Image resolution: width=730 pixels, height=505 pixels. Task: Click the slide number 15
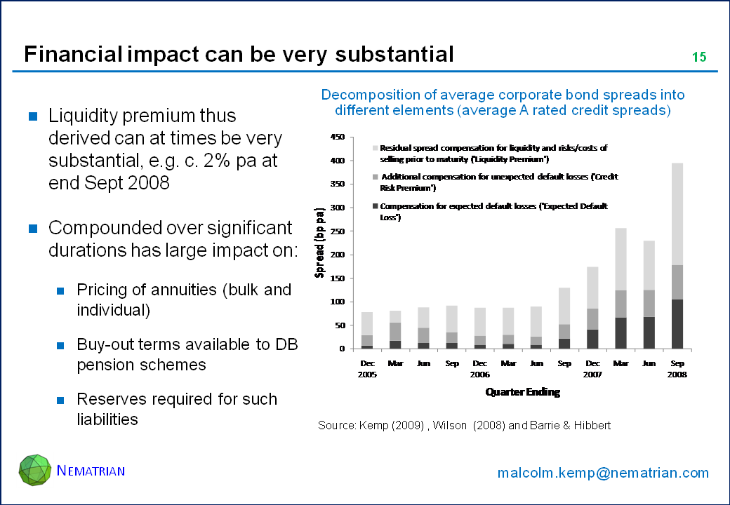(698, 58)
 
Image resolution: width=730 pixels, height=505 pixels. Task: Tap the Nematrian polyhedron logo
(35, 469)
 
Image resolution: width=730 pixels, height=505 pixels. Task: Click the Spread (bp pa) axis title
(319, 243)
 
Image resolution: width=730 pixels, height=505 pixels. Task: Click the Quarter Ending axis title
(523, 393)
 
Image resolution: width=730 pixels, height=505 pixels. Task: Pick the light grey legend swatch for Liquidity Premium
(374, 149)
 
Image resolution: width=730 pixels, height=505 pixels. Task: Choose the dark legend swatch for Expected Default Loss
(374, 206)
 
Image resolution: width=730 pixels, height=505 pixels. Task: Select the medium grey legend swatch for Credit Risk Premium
(374, 177)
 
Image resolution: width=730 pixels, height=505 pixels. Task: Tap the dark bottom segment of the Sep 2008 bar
(677, 324)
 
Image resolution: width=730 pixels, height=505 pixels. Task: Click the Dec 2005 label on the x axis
(367, 369)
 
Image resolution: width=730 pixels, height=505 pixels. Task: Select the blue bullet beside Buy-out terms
(61, 346)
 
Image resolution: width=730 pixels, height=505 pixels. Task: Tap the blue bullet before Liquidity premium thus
(32, 116)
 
